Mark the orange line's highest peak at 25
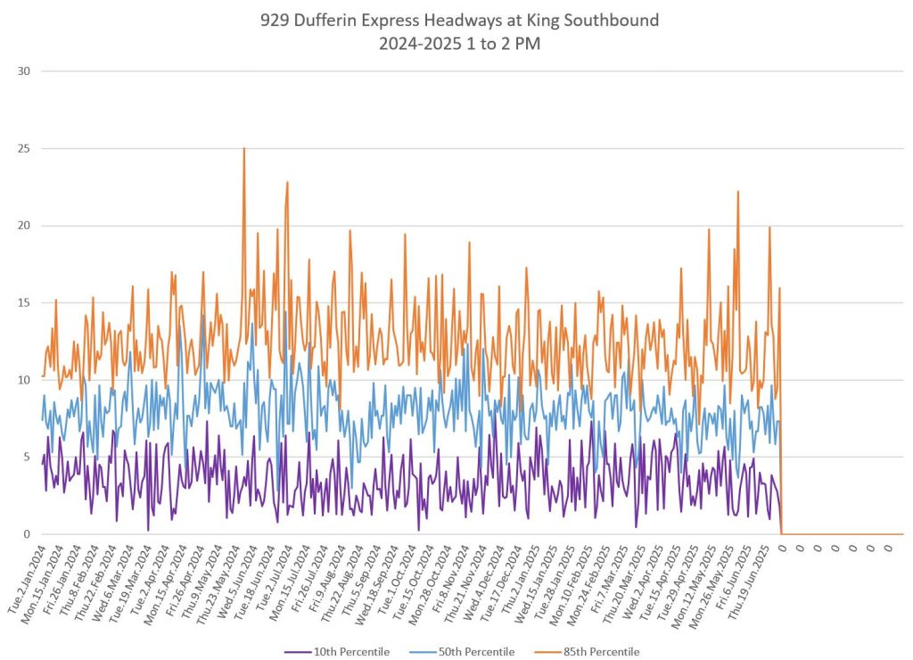[243, 149]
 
